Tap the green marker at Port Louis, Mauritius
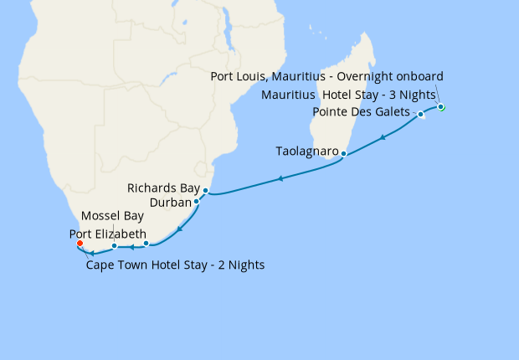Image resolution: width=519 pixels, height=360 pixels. click(441, 107)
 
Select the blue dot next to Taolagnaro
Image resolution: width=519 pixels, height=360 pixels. click(343, 154)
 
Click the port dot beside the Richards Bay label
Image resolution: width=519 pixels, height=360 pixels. click(205, 191)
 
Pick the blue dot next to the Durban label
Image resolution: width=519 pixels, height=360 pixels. click(196, 202)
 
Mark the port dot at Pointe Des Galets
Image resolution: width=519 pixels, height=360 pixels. click(420, 114)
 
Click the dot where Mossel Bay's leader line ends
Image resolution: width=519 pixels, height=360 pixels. click(114, 246)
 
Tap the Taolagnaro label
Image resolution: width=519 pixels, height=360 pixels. click(306, 152)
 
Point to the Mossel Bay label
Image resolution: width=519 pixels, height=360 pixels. click(112, 216)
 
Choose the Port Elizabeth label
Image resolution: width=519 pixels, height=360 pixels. click(109, 234)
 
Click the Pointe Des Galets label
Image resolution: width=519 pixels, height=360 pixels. click(361, 112)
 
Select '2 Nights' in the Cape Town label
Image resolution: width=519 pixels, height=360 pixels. click(239, 265)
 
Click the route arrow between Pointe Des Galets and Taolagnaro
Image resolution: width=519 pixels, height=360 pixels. click(383, 137)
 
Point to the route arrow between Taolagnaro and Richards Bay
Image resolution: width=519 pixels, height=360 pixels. click(280, 178)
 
